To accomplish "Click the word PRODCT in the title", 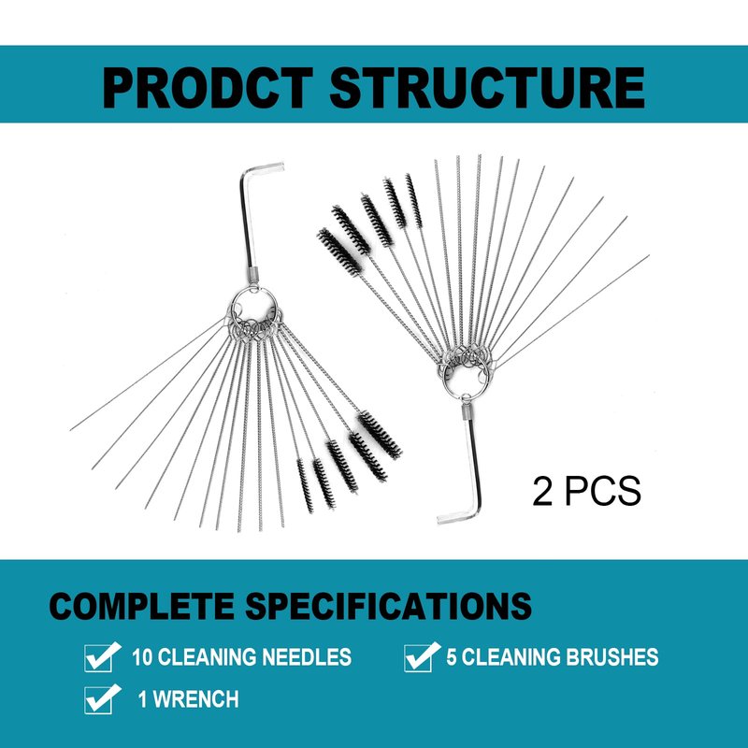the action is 208,89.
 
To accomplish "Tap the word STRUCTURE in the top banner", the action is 486,89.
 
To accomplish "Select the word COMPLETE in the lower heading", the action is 142,606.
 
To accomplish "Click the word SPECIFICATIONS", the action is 388,606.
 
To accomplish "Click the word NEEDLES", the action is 307,657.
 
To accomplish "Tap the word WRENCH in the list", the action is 195,699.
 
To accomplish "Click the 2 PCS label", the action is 586,492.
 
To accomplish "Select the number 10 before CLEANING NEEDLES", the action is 143,657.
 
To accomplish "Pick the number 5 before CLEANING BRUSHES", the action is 452,657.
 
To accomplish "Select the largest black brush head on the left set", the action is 381,434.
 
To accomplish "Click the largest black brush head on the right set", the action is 339,252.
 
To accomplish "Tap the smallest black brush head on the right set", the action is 413,201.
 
